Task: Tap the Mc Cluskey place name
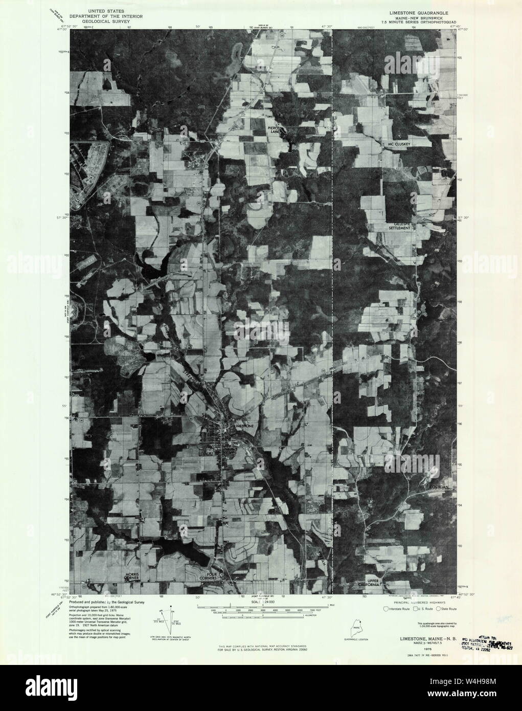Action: tap(399, 145)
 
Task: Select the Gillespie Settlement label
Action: tap(399, 226)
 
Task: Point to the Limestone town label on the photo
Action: tap(243, 426)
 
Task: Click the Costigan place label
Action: tap(439, 487)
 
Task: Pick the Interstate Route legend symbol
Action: tap(386, 609)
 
